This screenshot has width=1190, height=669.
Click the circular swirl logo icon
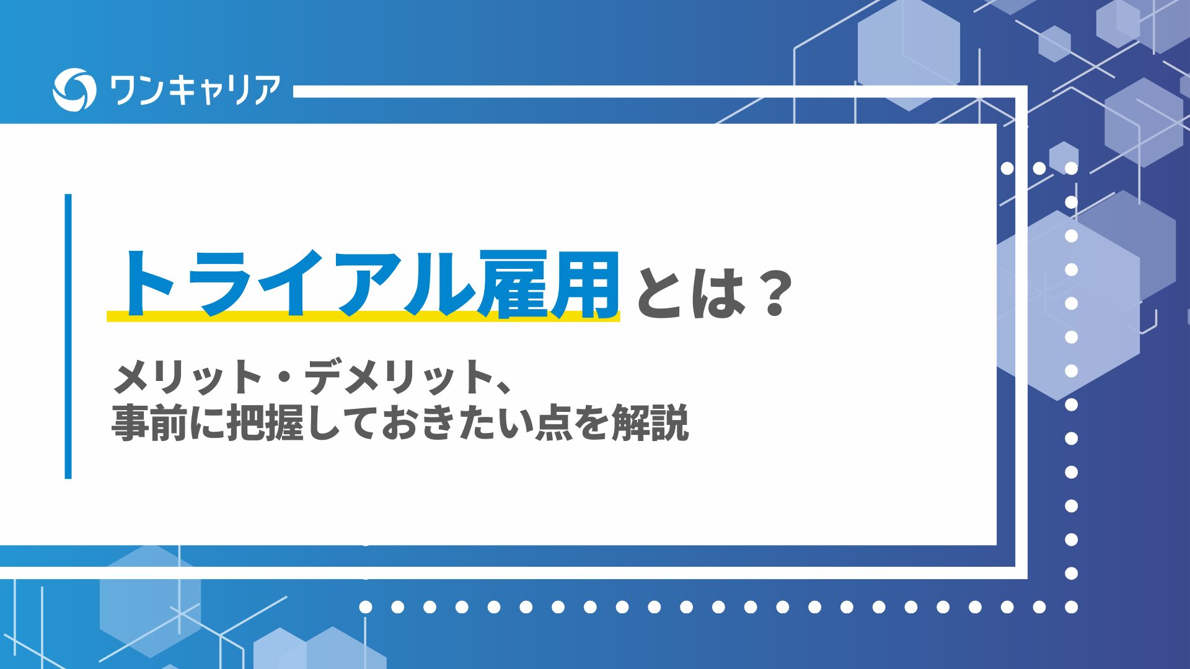pos(74,90)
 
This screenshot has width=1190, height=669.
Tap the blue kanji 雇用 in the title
pos(550,284)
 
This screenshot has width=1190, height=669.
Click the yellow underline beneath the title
pos(363,316)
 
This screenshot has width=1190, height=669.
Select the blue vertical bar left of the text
pos(68,336)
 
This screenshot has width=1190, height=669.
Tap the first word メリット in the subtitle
pos(187,377)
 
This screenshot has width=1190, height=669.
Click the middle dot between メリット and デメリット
pos(283,377)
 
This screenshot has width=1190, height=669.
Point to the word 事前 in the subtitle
pos(149,422)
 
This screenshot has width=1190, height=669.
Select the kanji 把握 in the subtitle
pos(265,422)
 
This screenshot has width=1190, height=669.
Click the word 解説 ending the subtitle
pos(650,422)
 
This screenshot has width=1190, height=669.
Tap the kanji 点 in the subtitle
pos(553,422)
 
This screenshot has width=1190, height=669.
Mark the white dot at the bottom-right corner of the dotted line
pos(1071,607)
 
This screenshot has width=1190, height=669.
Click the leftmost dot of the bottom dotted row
pos(366,607)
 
